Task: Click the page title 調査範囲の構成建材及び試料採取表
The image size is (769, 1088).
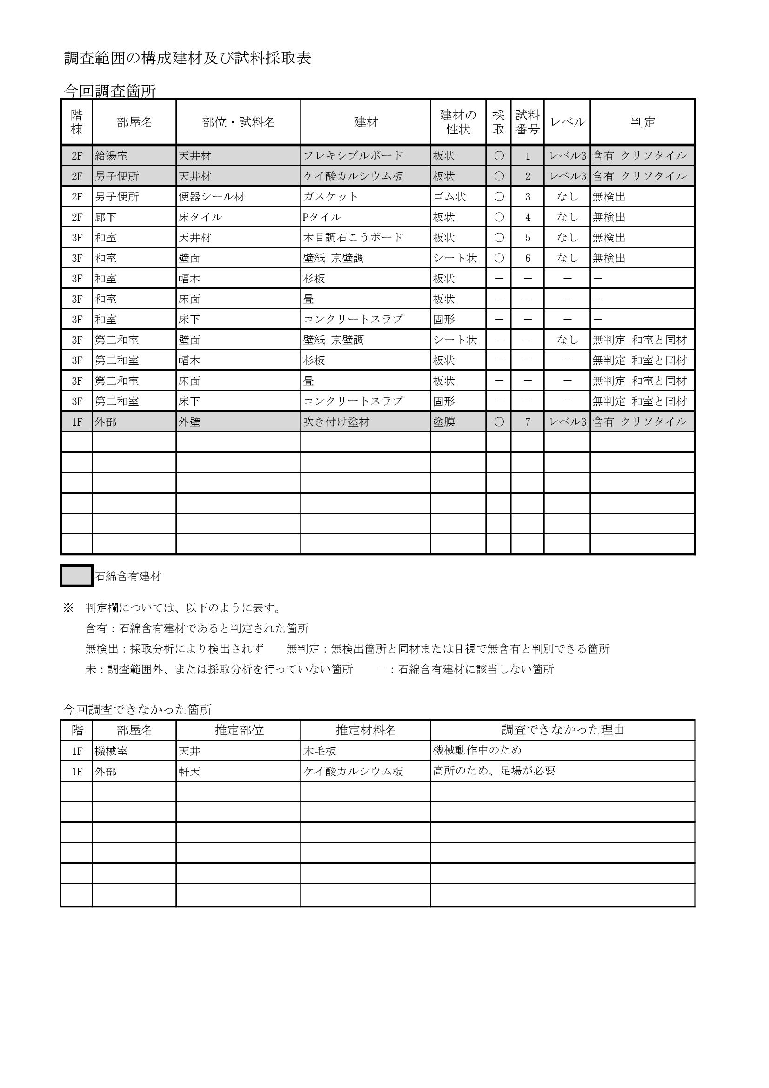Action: tap(187, 58)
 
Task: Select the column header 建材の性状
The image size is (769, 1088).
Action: tap(458, 122)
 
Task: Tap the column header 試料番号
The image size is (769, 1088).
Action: tap(528, 122)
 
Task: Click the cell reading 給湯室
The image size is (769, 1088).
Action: tap(111, 156)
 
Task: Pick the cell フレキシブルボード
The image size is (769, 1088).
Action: tap(353, 156)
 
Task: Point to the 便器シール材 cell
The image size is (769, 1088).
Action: tap(212, 197)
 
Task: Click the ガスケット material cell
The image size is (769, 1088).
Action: tap(331, 197)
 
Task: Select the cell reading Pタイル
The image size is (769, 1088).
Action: tap(322, 217)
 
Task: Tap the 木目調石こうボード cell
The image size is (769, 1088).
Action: tap(353, 237)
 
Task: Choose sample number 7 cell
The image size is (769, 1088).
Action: tap(528, 422)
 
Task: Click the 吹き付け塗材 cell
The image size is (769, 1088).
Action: tap(336, 422)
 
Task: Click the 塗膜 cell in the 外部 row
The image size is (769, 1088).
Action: tap(444, 422)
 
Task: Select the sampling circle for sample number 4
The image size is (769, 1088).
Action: tap(498, 217)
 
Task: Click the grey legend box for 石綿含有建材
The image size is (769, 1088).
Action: tap(76, 576)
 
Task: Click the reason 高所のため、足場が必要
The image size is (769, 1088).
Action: tap(494, 771)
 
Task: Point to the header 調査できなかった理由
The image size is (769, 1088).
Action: tap(562, 730)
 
